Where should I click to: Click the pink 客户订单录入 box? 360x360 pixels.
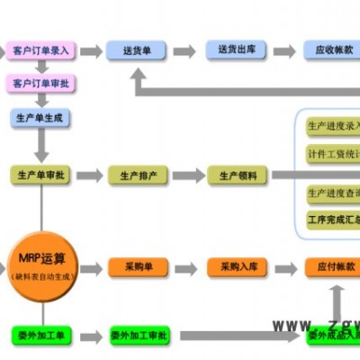point(41,50)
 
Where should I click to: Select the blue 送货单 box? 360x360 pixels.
point(137,51)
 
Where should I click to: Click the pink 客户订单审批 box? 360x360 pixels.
point(41,84)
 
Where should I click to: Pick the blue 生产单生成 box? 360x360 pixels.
point(41,118)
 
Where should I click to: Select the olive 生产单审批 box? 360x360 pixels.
point(41,175)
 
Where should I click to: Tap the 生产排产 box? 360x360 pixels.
point(137,175)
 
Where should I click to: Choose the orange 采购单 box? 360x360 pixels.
point(137,267)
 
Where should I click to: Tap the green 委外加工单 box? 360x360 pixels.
point(41,335)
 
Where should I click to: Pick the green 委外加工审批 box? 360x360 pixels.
point(139,335)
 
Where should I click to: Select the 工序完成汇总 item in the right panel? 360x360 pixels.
point(332,218)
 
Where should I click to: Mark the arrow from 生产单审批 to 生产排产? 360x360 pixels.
point(90,175)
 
